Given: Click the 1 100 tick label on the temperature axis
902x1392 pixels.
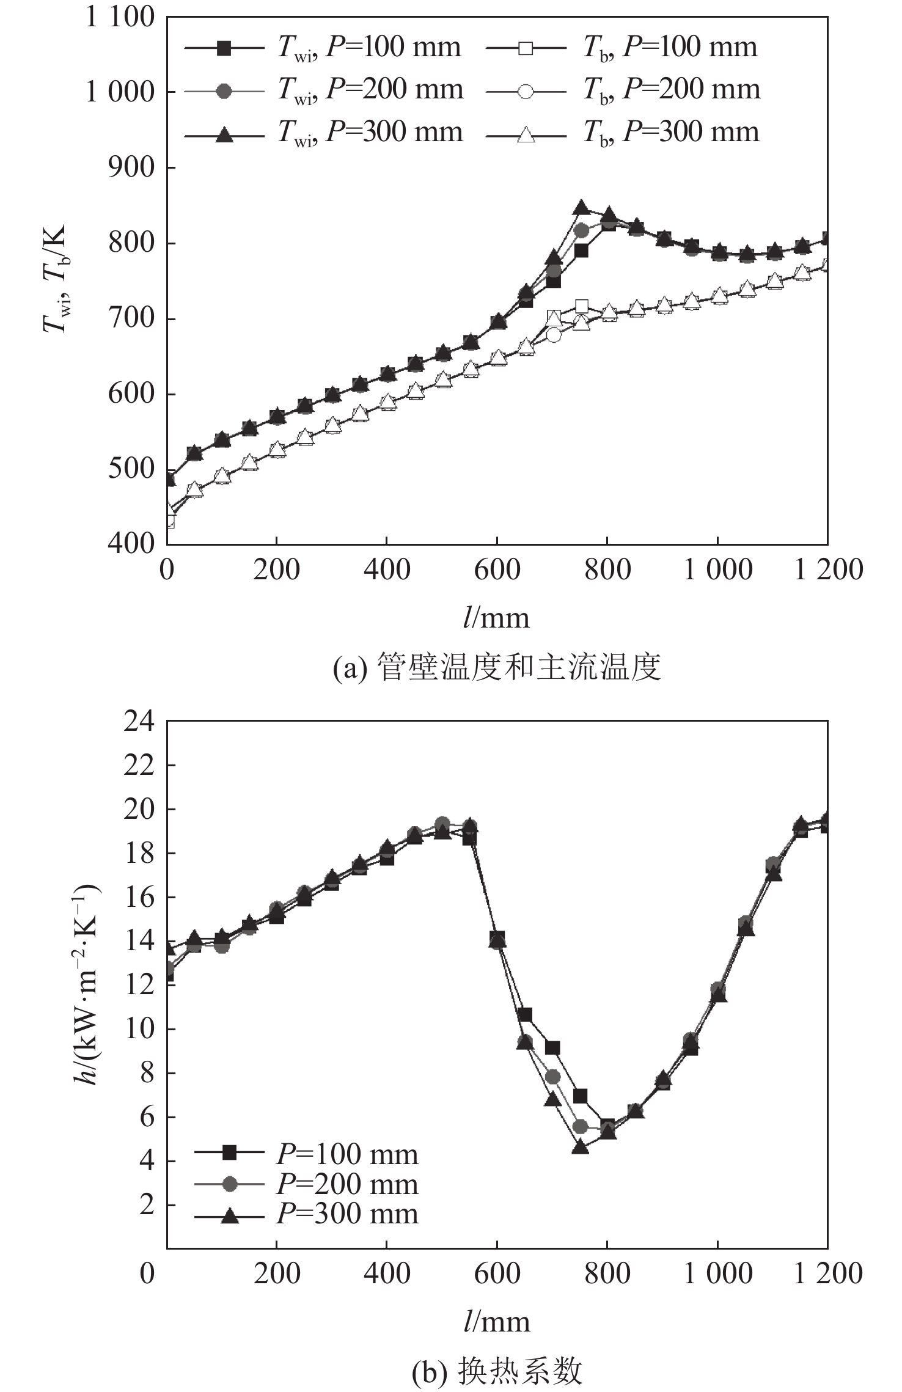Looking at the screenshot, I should click(x=120, y=17).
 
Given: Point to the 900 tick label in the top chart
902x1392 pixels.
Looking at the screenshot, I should click(x=132, y=167).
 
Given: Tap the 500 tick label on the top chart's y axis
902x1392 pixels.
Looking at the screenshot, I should click(x=132, y=469).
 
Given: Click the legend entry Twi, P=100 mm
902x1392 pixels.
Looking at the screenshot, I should click(x=323, y=48).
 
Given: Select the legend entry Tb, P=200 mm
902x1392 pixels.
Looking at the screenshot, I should click(x=623, y=90).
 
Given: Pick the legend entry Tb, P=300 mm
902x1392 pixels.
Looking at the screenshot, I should click(x=623, y=133).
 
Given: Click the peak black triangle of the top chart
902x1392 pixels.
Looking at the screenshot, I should click(x=581, y=208).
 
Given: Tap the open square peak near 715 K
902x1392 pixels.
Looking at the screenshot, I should click(x=582, y=306).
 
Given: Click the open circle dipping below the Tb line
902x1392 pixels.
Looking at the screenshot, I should click(x=554, y=335).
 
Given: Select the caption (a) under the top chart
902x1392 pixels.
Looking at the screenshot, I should click(x=496, y=667).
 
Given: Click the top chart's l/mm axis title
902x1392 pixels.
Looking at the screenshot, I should click(x=496, y=618).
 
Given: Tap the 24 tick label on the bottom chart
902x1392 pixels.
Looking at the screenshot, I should click(x=139, y=722).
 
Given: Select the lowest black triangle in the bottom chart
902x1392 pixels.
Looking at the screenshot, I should click(x=581, y=1147).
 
